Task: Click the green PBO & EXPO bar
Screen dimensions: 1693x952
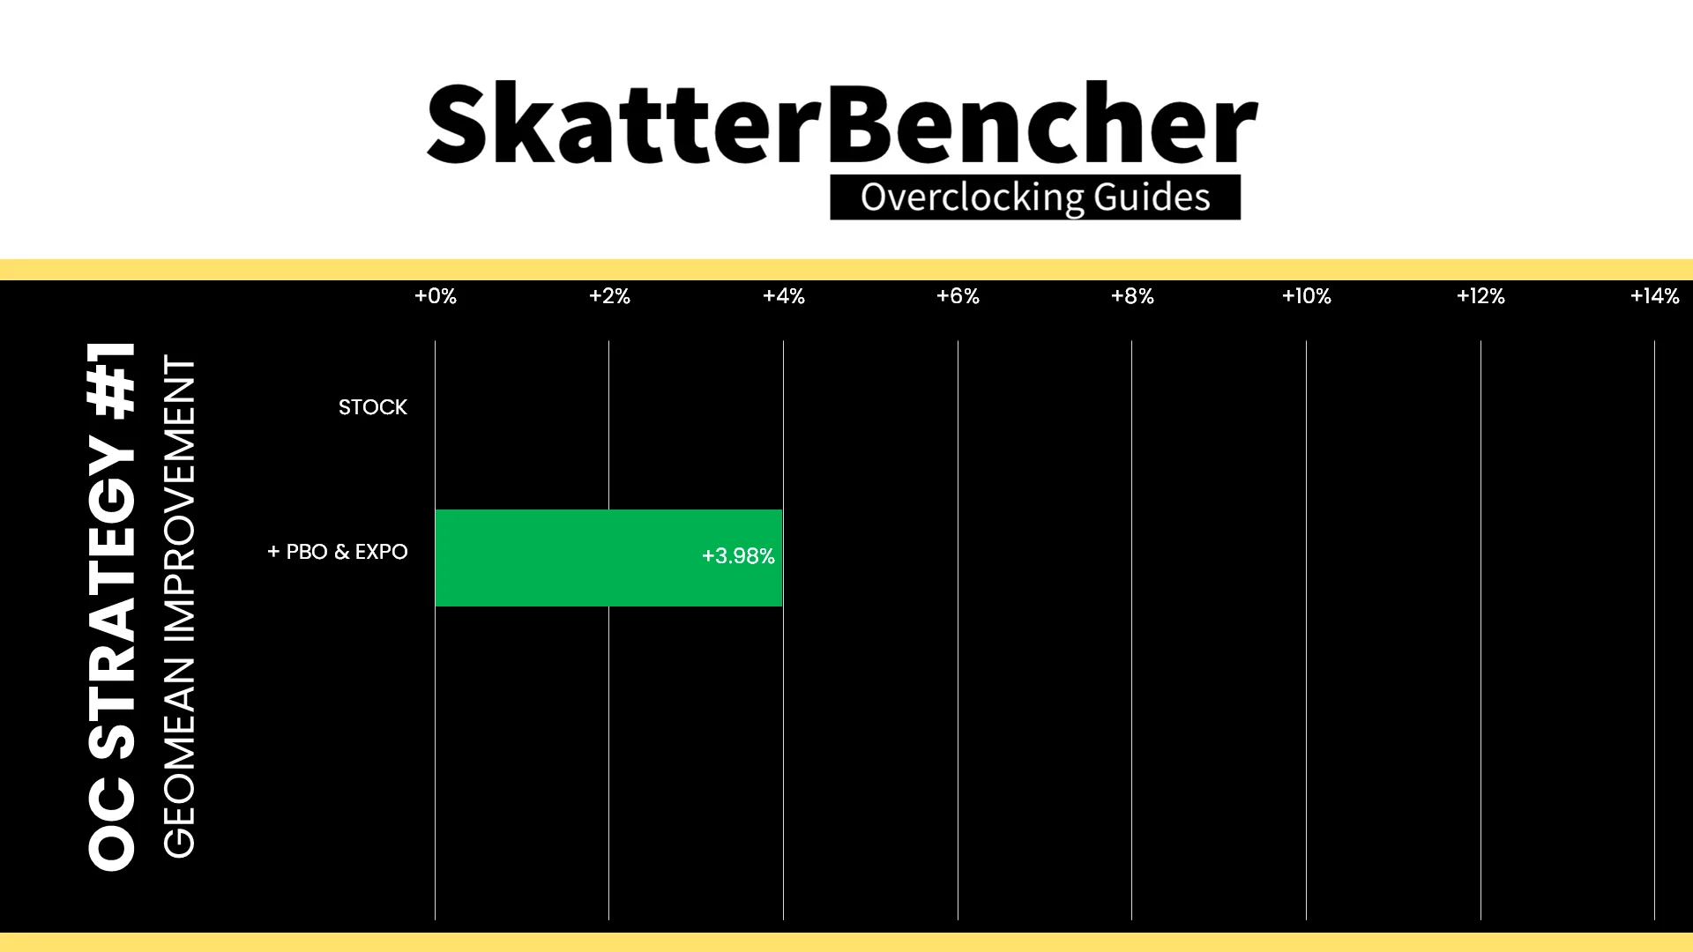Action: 608,557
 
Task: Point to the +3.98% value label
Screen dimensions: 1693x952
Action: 738,556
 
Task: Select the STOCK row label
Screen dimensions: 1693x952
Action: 373,407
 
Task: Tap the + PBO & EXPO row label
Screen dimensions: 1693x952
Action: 338,552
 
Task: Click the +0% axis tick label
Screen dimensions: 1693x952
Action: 436,296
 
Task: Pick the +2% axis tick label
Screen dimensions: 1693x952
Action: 609,296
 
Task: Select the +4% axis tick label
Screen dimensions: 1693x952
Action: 784,296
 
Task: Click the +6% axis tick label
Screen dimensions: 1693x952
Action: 958,296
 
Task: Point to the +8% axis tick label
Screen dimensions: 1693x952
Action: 1132,296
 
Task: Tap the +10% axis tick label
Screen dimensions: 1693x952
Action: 1307,296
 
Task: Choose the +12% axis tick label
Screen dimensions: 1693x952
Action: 1480,296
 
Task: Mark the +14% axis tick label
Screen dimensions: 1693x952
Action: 1655,296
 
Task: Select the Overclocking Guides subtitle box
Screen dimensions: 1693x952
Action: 1035,197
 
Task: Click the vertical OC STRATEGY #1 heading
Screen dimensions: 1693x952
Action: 112,606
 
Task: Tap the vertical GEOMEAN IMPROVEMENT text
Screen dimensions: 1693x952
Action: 179,606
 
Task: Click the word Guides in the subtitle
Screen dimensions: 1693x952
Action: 1152,197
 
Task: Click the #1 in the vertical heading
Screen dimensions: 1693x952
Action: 112,379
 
